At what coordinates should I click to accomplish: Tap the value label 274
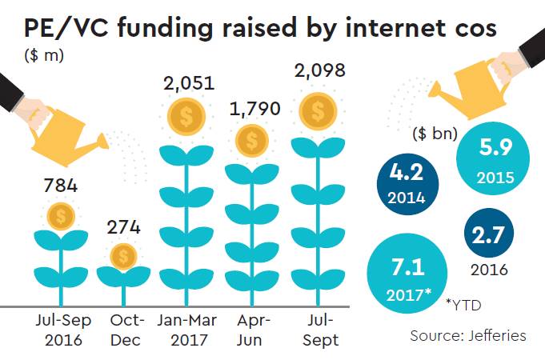coord(123,227)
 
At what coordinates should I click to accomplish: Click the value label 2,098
coord(318,71)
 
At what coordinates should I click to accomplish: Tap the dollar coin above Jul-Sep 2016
coord(60,215)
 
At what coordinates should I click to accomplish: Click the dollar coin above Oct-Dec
coord(123,256)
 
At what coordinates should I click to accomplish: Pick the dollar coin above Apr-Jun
coord(253,141)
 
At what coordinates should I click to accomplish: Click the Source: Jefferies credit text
coord(468,336)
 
